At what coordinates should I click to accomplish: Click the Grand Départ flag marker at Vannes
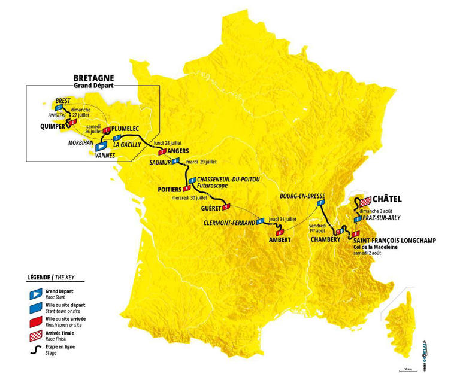(101, 145)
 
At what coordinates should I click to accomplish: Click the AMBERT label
(280, 240)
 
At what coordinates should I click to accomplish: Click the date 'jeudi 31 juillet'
(283, 219)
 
